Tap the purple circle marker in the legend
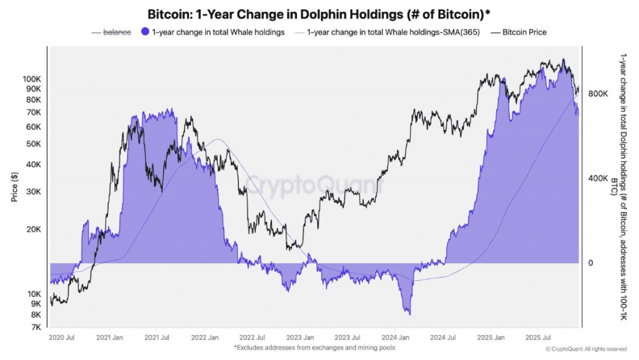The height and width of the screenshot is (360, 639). (145, 32)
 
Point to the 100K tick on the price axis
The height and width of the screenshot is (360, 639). (31, 79)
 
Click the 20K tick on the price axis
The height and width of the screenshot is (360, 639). (33, 229)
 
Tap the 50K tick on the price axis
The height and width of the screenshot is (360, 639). (33, 144)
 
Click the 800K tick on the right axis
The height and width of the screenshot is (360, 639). (598, 94)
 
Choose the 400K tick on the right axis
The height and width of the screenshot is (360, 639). (598, 178)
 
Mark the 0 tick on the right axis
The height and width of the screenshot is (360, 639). (590, 263)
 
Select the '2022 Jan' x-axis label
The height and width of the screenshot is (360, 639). (205, 338)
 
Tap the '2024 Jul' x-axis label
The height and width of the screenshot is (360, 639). (442, 338)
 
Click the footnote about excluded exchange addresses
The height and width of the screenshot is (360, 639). (315, 348)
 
